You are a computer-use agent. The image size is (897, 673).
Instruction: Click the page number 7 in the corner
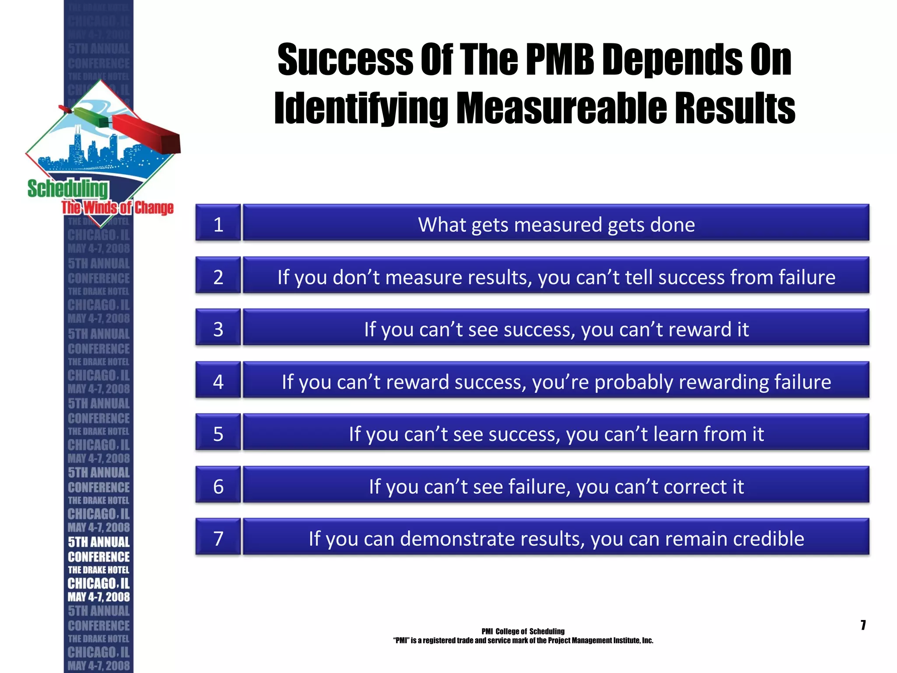(x=863, y=625)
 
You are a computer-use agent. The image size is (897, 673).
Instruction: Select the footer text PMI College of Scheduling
(x=523, y=631)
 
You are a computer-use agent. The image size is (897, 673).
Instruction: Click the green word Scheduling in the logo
(x=67, y=189)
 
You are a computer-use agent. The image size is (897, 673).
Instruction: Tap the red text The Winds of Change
(x=117, y=208)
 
